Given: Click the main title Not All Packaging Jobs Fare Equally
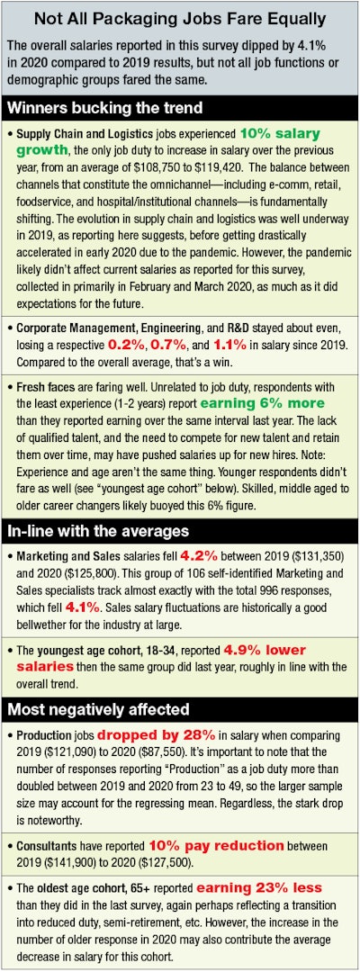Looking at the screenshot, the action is pos(180,20).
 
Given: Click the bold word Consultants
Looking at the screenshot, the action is pos(48,845).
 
